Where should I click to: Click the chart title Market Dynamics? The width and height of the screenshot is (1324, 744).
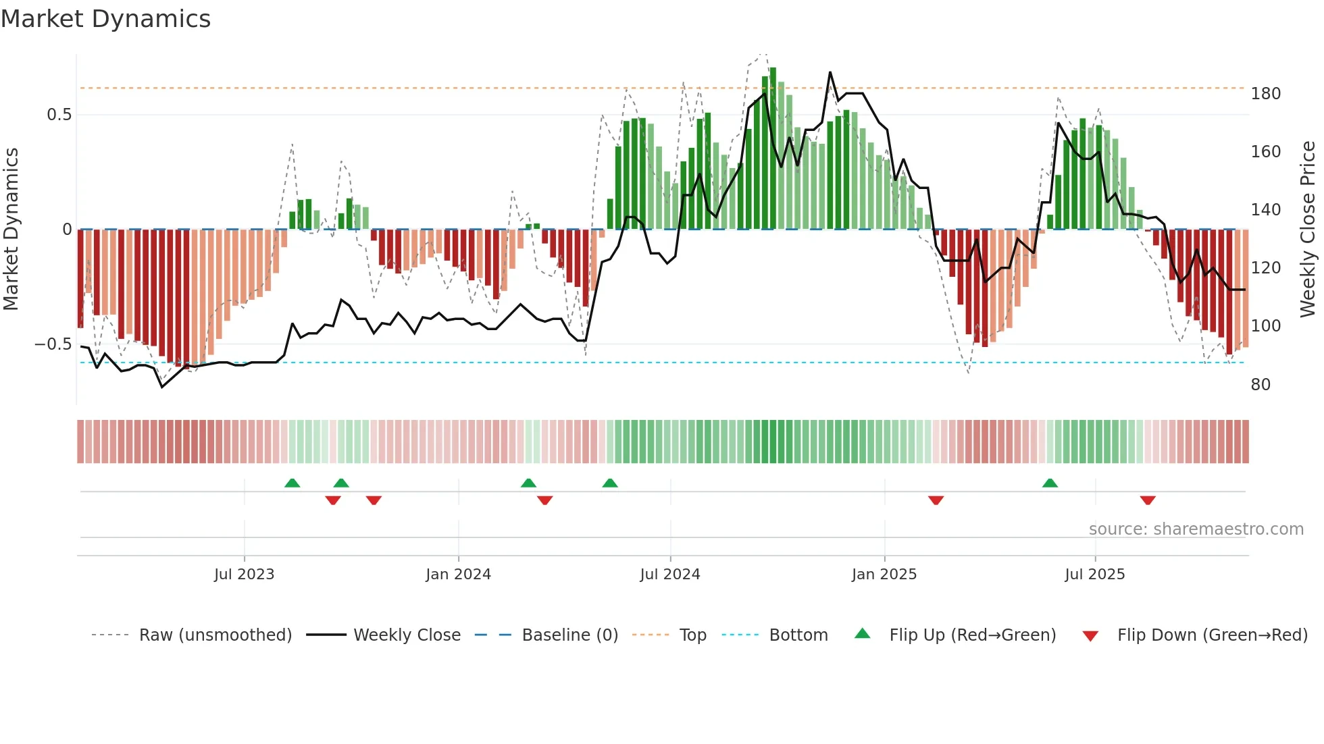point(105,19)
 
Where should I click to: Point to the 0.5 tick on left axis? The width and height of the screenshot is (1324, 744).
point(59,115)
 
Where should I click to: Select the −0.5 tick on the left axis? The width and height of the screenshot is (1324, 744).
point(53,344)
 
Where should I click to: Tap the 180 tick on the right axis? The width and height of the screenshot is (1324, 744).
point(1265,94)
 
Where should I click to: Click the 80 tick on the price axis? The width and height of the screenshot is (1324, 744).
point(1261,385)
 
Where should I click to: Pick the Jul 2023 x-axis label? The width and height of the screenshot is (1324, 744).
point(244,575)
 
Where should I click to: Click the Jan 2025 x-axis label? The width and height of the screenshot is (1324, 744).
point(884,575)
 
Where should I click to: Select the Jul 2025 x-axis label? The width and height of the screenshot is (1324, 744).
point(1094,575)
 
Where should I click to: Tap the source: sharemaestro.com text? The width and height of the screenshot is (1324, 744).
point(1196,529)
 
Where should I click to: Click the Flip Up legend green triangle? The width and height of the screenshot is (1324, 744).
point(863,634)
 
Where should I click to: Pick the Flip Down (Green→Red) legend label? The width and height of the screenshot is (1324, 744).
point(1212,635)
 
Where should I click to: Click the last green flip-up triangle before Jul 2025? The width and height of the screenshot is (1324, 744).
point(1050,483)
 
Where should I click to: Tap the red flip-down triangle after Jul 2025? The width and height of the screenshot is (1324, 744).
point(1148,500)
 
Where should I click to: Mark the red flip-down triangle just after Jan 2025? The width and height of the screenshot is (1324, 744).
point(936,500)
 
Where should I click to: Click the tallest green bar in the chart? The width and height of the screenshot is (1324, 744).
point(773,149)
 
